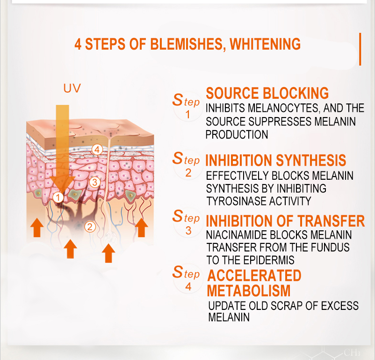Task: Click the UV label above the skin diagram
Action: (72, 88)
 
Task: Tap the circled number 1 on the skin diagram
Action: (58, 198)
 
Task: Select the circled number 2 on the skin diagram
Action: (90, 227)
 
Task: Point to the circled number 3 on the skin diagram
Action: (95, 182)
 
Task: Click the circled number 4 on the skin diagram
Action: (97, 150)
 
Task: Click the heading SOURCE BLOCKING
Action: (267, 93)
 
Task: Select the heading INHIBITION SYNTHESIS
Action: (276, 160)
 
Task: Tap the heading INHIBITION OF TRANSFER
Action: (285, 220)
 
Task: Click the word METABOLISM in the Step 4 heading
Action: (248, 291)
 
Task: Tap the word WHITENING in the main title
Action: (265, 44)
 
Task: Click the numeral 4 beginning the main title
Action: (78, 44)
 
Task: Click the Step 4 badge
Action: (187, 279)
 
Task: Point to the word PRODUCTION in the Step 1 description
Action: (237, 135)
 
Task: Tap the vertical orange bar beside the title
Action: (360, 49)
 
